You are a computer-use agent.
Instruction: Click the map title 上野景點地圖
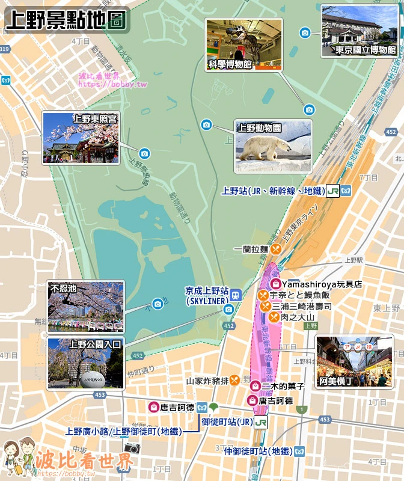[x=66, y=19]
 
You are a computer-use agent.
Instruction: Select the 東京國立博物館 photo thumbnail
[x=360, y=31]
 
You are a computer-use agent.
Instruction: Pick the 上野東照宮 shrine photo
[x=80, y=138]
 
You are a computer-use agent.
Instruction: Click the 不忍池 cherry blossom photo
[x=85, y=307]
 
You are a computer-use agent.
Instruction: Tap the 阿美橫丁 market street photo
[x=354, y=361]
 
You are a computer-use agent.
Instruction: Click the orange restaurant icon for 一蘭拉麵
[x=275, y=248]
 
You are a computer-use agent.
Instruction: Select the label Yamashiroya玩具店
[x=322, y=284]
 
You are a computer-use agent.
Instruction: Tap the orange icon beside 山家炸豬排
[x=234, y=379]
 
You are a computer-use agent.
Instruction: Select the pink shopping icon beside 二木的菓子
[x=255, y=386]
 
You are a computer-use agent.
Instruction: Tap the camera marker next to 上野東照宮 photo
[x=144, y=153]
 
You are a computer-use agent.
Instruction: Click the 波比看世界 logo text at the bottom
[x=84, y=462]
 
